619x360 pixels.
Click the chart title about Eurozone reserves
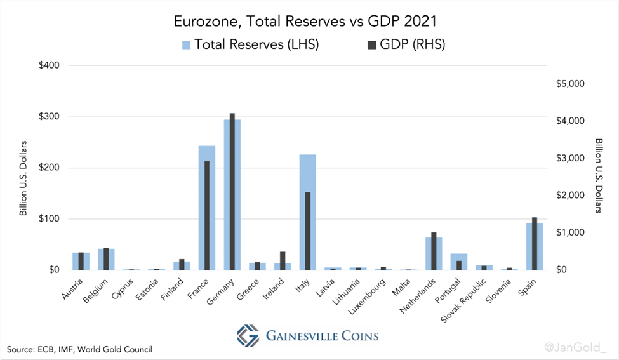[x=309, y=22]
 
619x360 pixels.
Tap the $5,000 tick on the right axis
[x=569, y=84]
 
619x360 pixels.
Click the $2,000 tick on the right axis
[x=569, y=196]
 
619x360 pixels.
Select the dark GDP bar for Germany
[x=232, y=191]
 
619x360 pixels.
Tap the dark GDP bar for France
[x=207, y=215]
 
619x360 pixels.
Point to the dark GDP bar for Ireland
[x=283, y=260]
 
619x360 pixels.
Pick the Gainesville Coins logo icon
[x=248, y=335]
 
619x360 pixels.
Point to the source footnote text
[x=80, y=349]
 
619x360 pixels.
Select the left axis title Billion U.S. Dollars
[x=23, y=177]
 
